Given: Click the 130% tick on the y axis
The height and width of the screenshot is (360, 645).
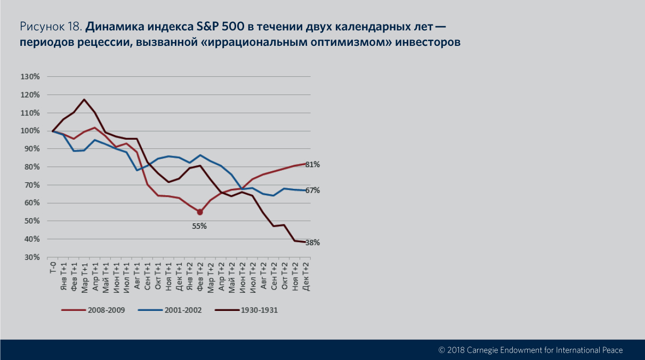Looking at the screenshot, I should [x=30, y=77].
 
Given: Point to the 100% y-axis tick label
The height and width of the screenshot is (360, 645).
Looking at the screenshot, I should [x=30, y=131].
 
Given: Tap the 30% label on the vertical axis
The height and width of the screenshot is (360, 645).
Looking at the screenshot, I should [x=31, y=257].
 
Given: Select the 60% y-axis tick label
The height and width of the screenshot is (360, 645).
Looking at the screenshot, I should [x=31, y=203].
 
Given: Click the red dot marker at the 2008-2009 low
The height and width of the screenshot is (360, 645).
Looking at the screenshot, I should [x=200, y=212].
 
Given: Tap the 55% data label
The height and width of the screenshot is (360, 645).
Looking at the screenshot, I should [x=199, y=226].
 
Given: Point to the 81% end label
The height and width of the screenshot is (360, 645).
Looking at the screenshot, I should [x=312, y=165].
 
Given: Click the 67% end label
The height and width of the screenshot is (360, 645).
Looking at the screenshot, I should [x=312, y=190].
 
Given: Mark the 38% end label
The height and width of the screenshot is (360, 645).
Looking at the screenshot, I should [x=312, y=243].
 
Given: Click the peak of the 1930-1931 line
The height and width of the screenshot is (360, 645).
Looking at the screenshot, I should [x=84, y=100].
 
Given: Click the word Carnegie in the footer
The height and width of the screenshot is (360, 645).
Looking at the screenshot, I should [x=485, y=350].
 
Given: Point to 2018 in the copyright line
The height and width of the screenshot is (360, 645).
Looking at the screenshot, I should [x=456, y=350].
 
